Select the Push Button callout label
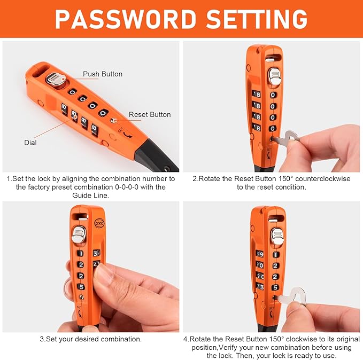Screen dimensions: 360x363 (102, 74)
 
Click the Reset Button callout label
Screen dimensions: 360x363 (150, 114)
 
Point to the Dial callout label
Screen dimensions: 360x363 (30, 143)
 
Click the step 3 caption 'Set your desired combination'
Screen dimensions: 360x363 (90, 339)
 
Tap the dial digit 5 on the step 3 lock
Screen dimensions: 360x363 (81, 286)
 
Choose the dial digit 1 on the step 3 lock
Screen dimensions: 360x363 (81, 254)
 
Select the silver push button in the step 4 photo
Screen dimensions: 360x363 (276, 235)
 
